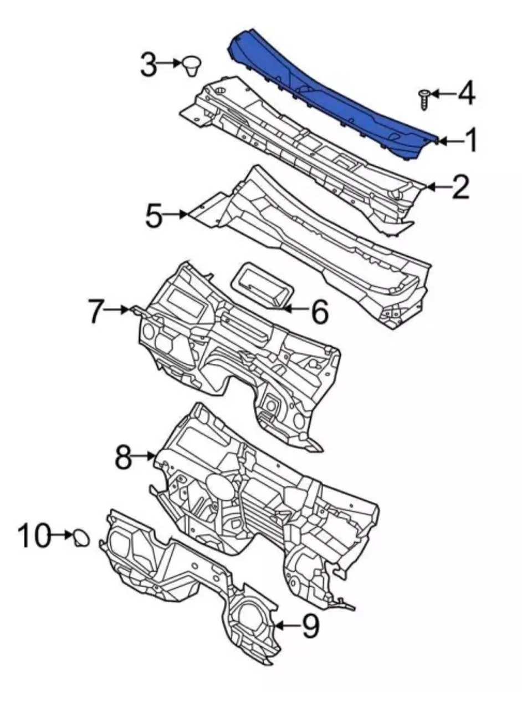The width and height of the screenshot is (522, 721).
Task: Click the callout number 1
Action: point(472,140)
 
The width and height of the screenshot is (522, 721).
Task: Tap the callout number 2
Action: point(460,187)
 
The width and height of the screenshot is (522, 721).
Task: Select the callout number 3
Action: point(149,65)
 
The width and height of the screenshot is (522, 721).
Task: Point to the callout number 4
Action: point(467,93)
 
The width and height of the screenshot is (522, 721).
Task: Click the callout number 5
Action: point(153,215)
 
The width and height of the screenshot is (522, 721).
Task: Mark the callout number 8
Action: point(124,456)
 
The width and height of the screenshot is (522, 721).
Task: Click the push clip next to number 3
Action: point(192,65)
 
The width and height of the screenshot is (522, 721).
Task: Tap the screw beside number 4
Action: point(424,99)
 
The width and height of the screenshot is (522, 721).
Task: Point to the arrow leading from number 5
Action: point(176,215)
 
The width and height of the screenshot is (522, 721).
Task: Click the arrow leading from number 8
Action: point(144,456)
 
